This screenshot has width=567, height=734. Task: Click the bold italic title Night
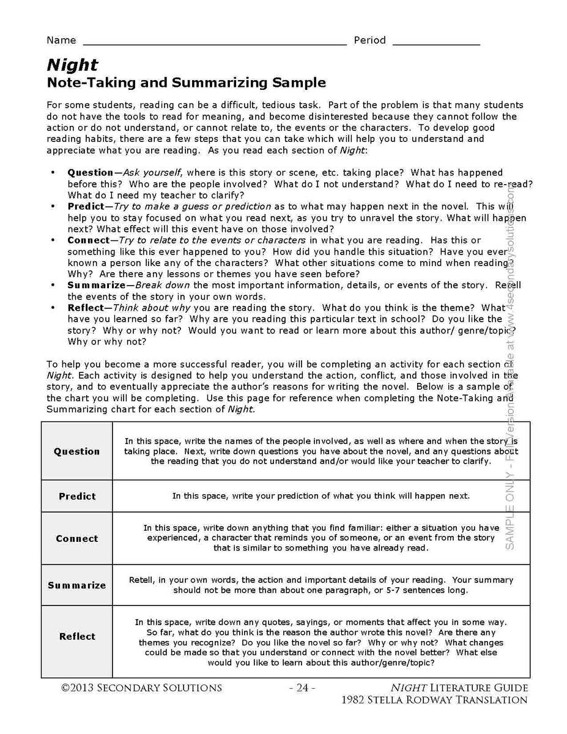tap(72, 65)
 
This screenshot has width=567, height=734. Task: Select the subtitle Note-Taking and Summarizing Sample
tap(186, 83)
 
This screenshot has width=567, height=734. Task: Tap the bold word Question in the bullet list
tap(91, 173)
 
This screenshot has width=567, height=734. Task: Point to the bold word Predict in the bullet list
tap(86, 207)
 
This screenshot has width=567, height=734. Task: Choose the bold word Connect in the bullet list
tap(88, 240)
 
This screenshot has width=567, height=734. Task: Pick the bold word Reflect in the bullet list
tap(86, 308)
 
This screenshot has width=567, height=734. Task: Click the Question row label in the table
tap(76, 451)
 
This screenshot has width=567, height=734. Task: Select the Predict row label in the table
tap(77, 496)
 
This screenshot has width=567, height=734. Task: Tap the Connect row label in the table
tap(76, 539)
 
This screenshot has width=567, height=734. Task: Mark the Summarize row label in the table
tap(76, 585)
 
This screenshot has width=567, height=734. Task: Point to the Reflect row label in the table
tap(77, 637)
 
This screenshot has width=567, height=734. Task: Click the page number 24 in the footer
tap(302, 688)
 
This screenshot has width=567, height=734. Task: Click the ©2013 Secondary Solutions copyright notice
tap(141, 688)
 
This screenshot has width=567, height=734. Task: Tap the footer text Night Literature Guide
tap(459, 688)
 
